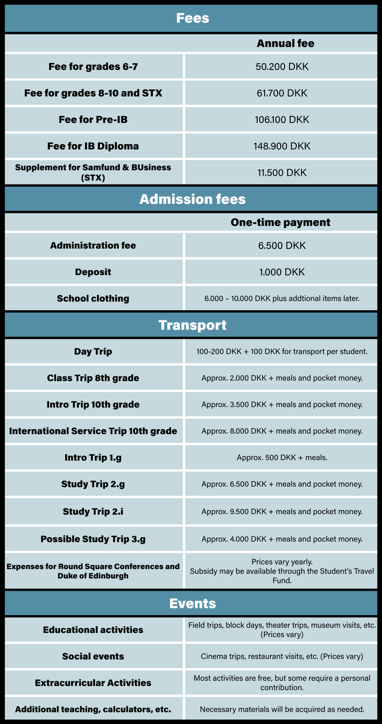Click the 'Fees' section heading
(192, 18)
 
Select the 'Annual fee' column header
(285, 43)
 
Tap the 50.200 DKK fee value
(282, 67)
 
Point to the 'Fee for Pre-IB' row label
(93, 119)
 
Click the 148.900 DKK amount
(282, 146)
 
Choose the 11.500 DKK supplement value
(282, 173)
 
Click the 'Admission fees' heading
(192, 199)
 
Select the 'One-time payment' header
(280, 222)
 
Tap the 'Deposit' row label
(93, 272)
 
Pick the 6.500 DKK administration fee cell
(282, 245)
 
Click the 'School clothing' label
(93, 298)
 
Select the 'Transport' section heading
(192, 325)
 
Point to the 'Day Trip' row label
(93, 352)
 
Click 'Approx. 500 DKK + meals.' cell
(282, 457)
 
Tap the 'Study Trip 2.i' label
(93, 511)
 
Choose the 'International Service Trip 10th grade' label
(93, 431)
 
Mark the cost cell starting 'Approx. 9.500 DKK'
(282, 511)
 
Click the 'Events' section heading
(192, 604)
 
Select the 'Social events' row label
(93, 656)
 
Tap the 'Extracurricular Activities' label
(93, 683)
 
